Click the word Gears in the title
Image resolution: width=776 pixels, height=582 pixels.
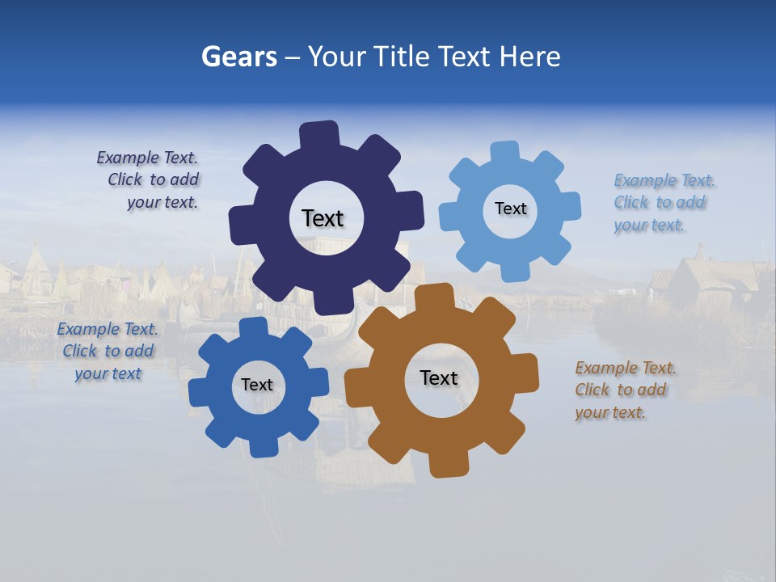(238, 57)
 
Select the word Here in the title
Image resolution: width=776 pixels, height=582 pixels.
(530, 57)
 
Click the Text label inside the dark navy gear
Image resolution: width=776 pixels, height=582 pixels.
(323, 218)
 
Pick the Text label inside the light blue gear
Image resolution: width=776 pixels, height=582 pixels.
(510, 209)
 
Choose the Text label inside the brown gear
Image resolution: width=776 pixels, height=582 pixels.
(439, 378)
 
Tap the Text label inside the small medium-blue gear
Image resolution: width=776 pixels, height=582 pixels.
(257, 385)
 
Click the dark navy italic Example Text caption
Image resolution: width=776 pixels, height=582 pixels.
(149, 180)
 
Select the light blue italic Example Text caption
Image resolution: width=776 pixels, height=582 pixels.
(663, 203)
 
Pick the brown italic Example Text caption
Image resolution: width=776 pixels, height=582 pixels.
(625, 390)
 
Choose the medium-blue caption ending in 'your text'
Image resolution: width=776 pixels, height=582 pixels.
(108, 352)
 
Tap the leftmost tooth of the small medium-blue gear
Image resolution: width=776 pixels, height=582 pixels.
(199, 390)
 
